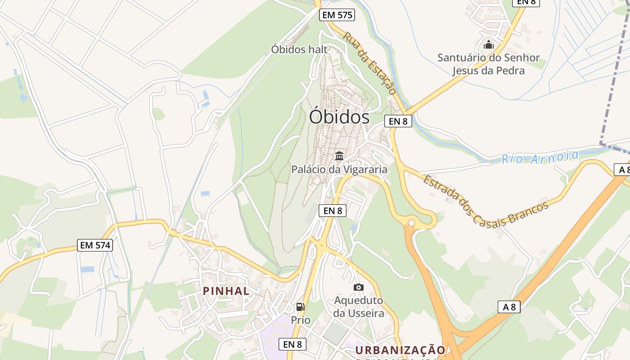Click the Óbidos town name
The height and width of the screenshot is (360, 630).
coord(339,117)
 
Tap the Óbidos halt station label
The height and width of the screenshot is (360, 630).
coord(299,49)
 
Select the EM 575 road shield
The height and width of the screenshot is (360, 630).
coord(337,15)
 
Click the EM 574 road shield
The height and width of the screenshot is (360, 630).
coord(95,245)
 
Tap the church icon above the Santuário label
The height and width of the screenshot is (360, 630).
coord(488,45)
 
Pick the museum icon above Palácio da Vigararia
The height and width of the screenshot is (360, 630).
coord(339,156)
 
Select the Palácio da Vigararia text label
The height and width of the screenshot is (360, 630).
coord(339,170)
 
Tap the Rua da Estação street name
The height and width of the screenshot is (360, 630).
coord(370,63)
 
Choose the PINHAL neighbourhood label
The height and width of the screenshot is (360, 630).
coord(226,291)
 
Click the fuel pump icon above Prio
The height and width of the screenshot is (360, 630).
coord(300,307)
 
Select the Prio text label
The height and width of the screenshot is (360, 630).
coord(301,320)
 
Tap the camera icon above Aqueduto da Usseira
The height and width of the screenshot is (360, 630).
coord(359,287)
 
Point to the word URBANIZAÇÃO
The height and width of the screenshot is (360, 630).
coord(400,350)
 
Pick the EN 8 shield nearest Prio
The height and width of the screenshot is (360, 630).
coord(292,344)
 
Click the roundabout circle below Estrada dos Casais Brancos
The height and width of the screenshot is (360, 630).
coord(411,223)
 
